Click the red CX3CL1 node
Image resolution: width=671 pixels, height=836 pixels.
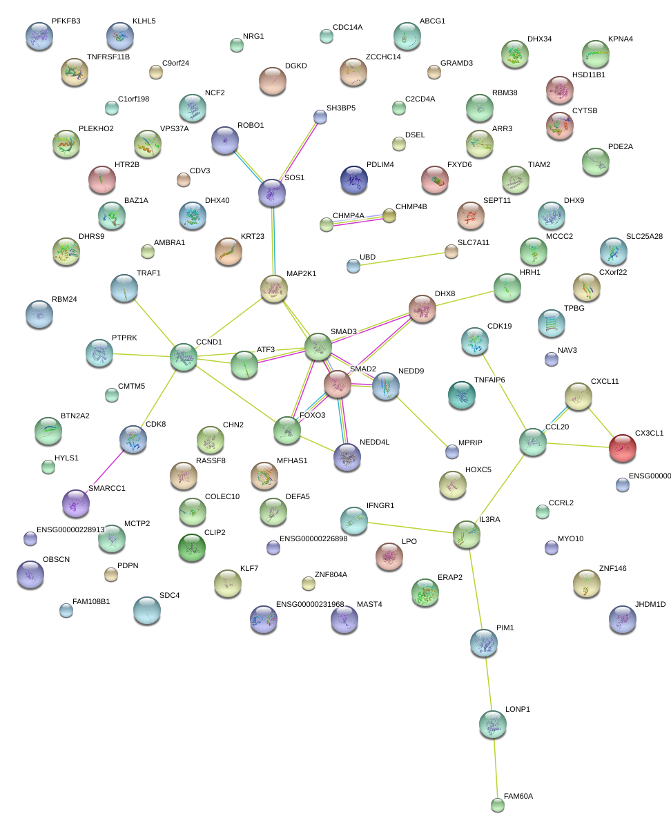click(x=622, y=448)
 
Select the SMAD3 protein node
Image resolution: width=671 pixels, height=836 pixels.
click(x=318, y=346)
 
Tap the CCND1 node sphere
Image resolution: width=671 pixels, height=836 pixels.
click(x=184, y=357)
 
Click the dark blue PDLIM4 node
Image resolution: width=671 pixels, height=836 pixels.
click(x=353, y=179)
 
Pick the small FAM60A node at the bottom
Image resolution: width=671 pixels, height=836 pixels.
click(x=497, y=804)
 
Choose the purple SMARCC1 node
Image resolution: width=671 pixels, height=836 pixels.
click(x=75, y=503)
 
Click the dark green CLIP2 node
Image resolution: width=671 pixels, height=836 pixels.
click(x=191, y=547)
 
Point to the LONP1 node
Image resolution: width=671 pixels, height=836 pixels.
click(x=492, y=723)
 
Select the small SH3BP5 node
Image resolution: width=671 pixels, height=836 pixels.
click(x=320, y=117)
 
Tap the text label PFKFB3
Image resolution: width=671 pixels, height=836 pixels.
click(x=66, y=21)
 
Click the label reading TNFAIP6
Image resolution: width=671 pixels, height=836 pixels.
click(x=489, y=380)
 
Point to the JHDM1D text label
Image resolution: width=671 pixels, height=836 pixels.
click(x=650, y=605)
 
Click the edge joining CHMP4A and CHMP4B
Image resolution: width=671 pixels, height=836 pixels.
click(x=358, y=220)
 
